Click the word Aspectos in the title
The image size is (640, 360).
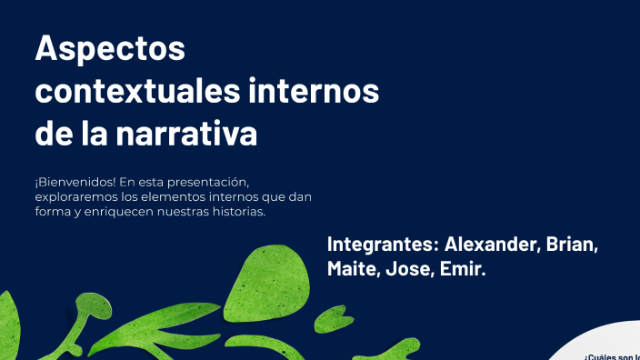109,49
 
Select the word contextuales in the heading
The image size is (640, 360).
136,92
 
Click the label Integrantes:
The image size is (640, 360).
383,245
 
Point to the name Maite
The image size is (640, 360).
352,270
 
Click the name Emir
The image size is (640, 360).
463,270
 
